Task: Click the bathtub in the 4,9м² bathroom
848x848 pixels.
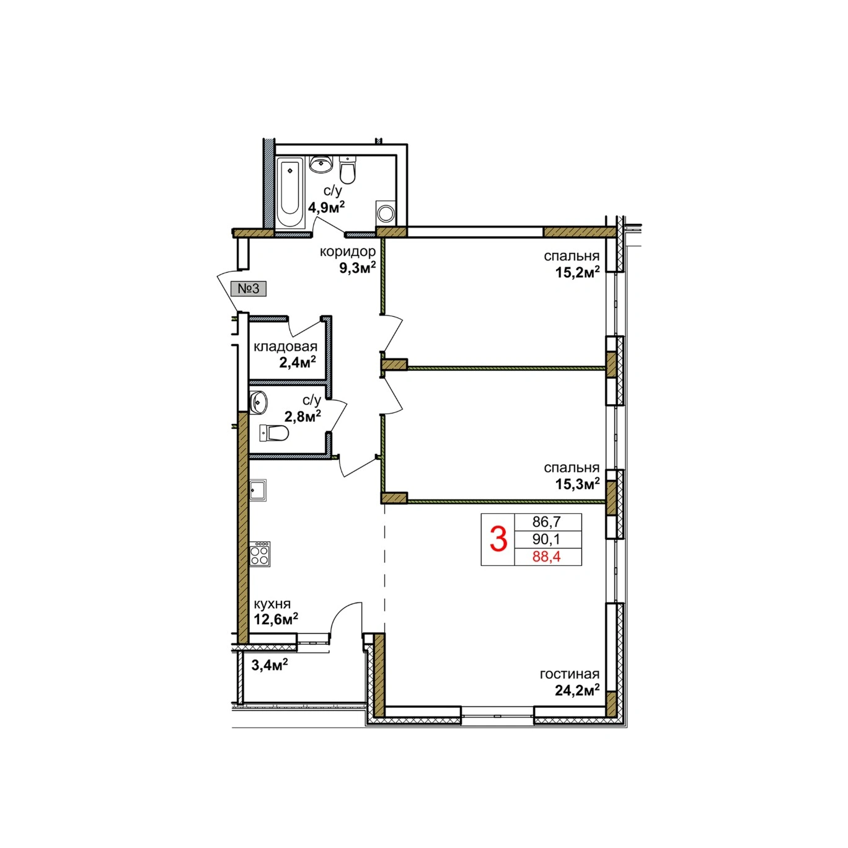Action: coord(291,192)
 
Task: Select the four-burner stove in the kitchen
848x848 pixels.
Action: coord(260,554)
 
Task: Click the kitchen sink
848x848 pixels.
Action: coord(258,490)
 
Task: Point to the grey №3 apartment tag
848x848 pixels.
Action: coord(249,289)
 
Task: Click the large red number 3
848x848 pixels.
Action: coord(498,539)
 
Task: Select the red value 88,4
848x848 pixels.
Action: coord(546,557)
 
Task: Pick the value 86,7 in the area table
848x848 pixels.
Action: coord(546,522)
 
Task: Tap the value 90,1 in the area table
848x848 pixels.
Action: coord(546,539)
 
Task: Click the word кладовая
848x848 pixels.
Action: coord(285,347)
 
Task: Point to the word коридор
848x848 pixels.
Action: coord(348,252)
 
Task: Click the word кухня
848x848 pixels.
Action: coord(272,604)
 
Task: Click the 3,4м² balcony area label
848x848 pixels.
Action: coord(269,664)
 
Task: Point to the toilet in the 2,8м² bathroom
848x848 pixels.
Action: coord(274,433)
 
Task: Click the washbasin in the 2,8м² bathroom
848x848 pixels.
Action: coord(258,402)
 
